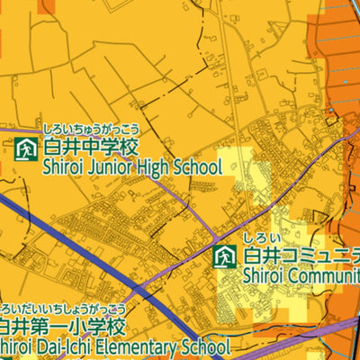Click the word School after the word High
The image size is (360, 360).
196,166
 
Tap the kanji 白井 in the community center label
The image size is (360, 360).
258,256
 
